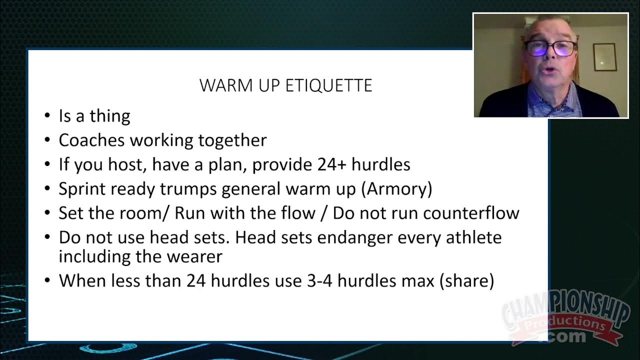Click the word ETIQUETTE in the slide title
328,85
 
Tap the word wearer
197,256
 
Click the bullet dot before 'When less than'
47,281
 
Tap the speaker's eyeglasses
549,48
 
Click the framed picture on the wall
604,57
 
